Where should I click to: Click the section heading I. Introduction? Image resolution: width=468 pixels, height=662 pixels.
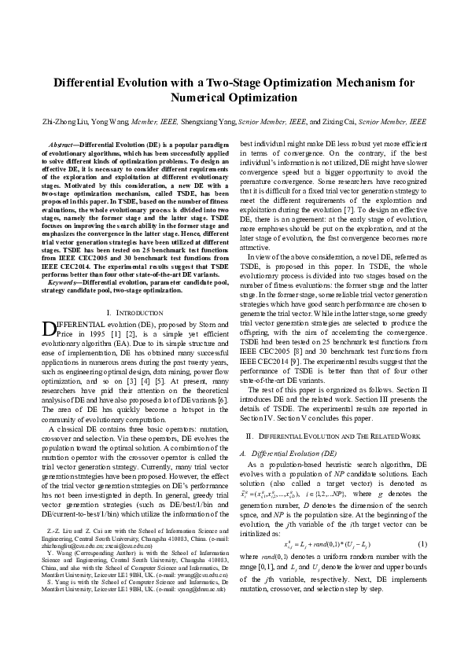[x=127, y=291]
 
